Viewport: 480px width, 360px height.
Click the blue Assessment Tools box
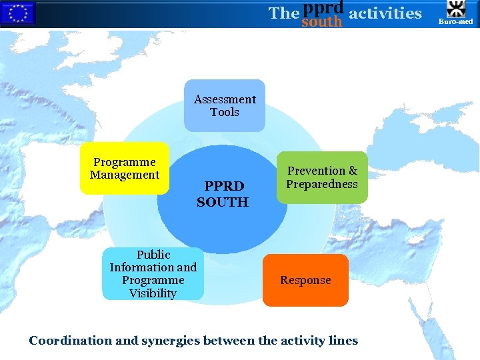coord(225,105)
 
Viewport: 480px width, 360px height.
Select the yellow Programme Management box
coord(125,168)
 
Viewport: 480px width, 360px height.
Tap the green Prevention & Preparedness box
coord(322,177)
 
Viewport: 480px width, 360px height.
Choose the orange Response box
coord(305,280)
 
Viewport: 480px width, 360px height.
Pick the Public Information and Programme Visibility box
coord(153,273)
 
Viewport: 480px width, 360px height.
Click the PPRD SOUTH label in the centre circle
coord(223,193)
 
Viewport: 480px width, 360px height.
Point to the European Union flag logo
coord(17,13)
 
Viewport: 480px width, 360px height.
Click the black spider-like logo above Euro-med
coord(456,9)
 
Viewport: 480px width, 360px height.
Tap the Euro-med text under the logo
coord(456,22)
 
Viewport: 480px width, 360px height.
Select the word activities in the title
coord(385,13)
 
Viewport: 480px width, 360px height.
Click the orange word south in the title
coord(321,22)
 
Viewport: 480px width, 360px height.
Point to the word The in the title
coord(283,13)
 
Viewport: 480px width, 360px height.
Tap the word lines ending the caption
coord(341,341)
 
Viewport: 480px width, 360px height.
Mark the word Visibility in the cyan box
coord(153,293)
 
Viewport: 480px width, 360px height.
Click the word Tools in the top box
coord(225,112)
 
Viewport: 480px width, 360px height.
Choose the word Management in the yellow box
coord(125,175)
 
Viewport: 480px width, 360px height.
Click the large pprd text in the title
coord(323,7)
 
